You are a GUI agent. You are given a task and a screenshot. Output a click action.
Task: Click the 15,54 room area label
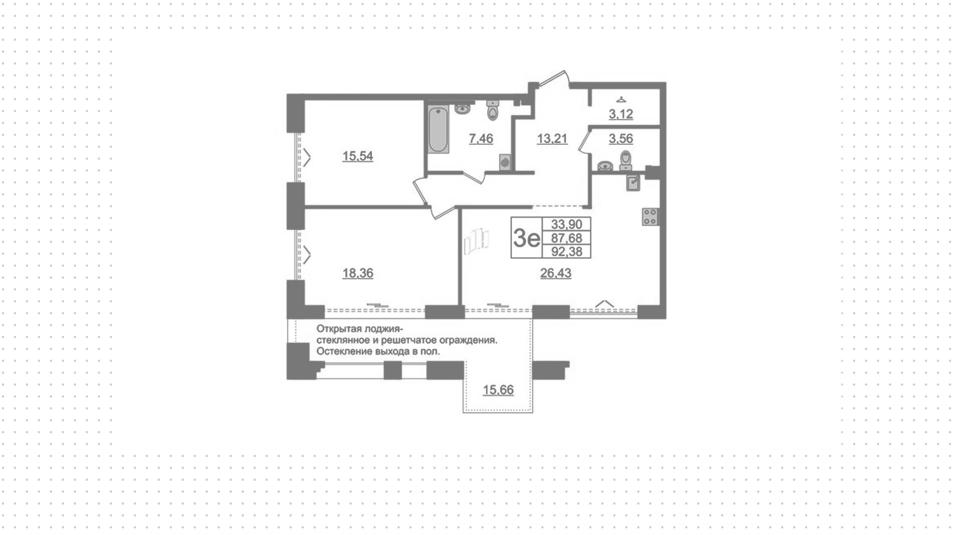click(x=357, y=156)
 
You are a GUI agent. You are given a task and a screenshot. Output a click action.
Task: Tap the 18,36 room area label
click(x=357, y=273)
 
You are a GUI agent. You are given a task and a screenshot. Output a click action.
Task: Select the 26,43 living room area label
click(x=555, y=273)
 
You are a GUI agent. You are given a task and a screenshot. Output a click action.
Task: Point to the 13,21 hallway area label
click(x=552, y=138)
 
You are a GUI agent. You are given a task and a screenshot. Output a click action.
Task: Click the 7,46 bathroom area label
click(x=481, y=138)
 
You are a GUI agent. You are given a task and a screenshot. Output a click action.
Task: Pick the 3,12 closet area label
click(x=621, y=114)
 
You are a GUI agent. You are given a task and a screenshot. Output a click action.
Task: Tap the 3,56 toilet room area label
click(x=621, y=138)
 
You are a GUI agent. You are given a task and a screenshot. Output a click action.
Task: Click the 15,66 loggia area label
click(x=498, y=390)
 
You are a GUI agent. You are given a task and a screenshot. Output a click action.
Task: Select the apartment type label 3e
click(x=526, y=239)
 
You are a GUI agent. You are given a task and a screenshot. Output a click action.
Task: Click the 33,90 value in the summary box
click(x=566, y=224)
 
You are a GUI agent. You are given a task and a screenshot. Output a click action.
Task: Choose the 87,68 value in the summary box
click(x=566, y=238)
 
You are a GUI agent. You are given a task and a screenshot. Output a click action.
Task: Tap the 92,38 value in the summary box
click(x=566, y=252)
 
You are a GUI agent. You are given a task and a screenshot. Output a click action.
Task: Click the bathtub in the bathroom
click(x=438, y=130)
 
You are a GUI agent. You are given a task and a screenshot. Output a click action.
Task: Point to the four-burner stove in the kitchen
click(x=650, y=216)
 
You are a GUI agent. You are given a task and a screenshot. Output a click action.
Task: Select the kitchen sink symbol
click(x=633, y=183)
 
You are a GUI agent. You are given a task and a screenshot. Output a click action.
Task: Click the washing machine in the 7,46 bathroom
click(x=505, y=162)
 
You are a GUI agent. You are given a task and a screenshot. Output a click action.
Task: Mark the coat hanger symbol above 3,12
click(x=621, y=100)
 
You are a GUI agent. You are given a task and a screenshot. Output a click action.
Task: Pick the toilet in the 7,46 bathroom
click(x=492, y=110)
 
